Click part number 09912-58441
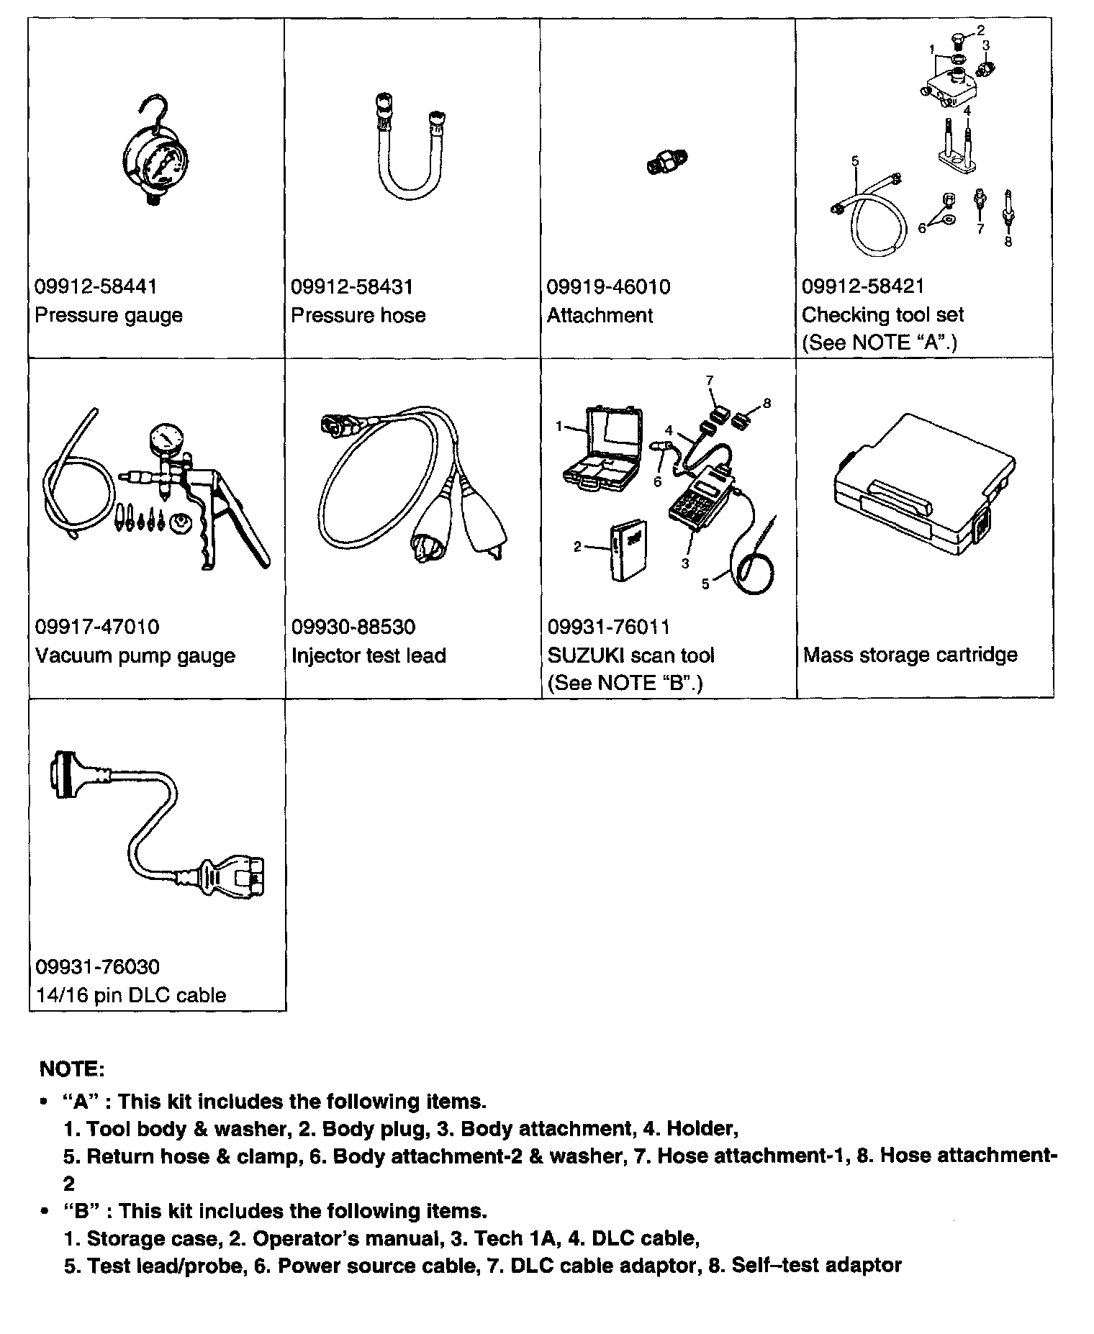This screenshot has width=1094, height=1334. pos(96,286)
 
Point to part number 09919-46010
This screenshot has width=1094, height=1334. pos(608,286)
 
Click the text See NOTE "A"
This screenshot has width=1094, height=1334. pos(879,342)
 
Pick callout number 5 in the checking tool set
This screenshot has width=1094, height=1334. pos(855,161)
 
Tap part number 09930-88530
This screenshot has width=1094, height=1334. pos(353,627)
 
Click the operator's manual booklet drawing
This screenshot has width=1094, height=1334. pos(627,550)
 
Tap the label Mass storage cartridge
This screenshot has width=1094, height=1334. pos(910,655)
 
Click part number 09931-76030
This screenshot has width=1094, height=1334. pos(97,967)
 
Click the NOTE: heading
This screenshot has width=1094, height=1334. pos(72,1068)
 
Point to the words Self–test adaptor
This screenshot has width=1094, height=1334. pos(816,1265)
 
